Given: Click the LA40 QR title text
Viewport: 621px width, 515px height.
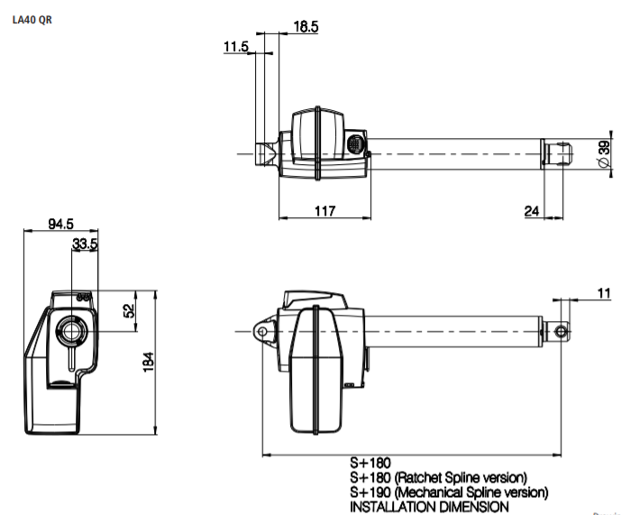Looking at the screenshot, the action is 32,20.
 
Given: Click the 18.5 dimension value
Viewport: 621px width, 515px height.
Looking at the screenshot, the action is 306,26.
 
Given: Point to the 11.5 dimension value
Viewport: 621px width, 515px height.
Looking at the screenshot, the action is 236,46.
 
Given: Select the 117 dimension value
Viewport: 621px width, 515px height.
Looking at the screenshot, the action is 324,210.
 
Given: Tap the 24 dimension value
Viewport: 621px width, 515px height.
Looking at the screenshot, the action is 532,211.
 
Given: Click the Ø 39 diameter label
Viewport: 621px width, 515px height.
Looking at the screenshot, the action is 604,154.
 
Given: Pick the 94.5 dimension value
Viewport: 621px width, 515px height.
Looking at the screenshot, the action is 61,224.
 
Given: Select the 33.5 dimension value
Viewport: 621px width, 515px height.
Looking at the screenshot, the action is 85,244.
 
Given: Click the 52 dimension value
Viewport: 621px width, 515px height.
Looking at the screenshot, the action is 129,311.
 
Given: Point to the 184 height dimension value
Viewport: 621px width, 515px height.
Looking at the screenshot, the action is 148,362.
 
